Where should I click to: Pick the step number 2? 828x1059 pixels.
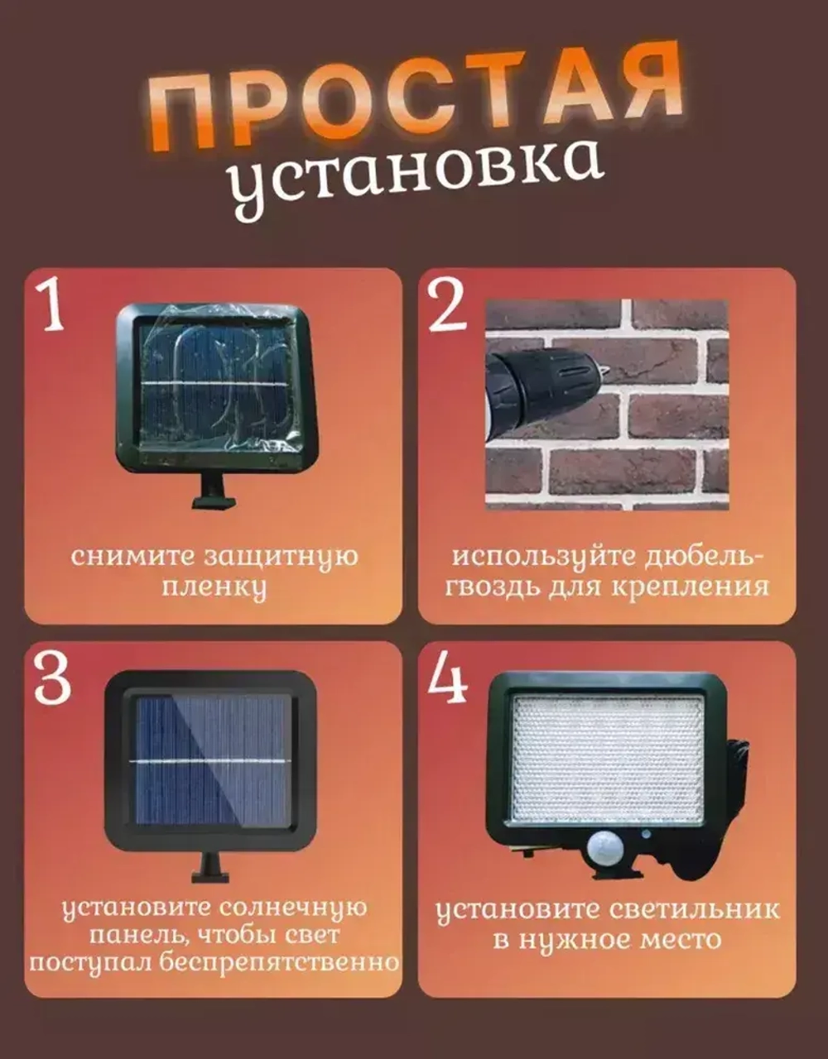[448, 307]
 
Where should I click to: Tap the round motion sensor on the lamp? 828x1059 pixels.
[605, 849]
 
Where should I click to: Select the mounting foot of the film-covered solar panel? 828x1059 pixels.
[214, 491]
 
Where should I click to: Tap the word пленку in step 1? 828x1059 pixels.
[214, 588]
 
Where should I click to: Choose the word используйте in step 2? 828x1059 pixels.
[538, 557]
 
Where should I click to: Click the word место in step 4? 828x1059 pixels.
[680, 941]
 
